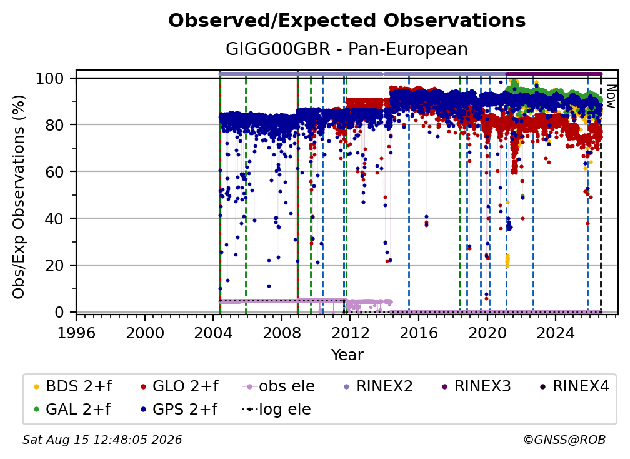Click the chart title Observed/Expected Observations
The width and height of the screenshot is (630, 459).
click(x=347, y=21)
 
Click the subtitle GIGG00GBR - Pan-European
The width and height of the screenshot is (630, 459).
click(x=347, y=49)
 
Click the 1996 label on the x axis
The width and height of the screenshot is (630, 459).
click(x=76, y=333)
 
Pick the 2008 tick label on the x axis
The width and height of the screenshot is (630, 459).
click(x=282, y=333)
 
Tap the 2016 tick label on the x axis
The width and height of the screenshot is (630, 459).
click(x=419, y=333)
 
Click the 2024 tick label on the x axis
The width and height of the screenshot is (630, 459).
click(x=556, y=333)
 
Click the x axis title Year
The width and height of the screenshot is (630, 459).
click(x=347, y=355)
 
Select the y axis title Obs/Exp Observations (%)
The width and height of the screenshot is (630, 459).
click(x=19, y=197)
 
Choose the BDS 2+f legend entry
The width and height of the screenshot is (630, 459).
click(x=72, y=386)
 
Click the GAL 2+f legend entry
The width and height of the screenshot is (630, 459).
click(x=72, y=409)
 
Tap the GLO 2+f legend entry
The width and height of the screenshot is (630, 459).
click(x=179, y=386)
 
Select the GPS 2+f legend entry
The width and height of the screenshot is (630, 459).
click(x=179, y=409)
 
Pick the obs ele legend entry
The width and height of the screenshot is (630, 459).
click(x=279, y=386)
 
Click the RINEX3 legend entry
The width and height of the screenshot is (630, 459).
click(x=476, y=386)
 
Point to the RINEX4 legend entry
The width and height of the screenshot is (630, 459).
click(x=574, y=386)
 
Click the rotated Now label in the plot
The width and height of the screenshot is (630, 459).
click(x=611, y=96)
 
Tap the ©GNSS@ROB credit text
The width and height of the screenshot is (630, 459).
click(x=564, y=440)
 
